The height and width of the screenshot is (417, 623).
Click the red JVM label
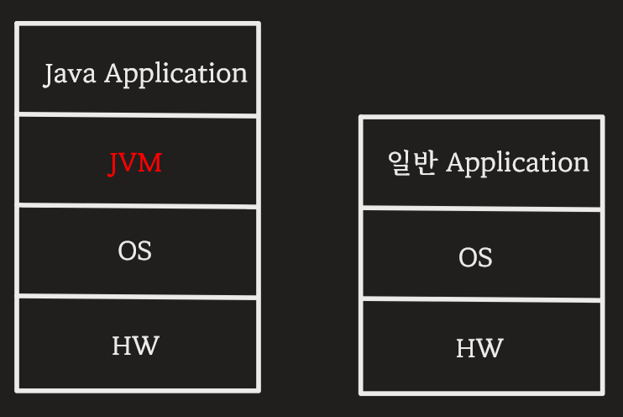135,162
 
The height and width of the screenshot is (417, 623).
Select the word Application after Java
175,75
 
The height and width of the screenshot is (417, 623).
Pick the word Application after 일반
517,163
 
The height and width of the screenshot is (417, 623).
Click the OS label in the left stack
135,251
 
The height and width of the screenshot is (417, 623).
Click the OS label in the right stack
475,257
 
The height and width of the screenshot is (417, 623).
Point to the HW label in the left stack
135,345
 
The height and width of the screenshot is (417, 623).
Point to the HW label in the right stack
479,348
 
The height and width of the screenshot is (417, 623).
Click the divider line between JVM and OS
137,205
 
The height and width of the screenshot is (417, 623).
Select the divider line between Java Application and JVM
137,114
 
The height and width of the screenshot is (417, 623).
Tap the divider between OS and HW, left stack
137,296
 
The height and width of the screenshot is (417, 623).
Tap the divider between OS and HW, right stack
481,298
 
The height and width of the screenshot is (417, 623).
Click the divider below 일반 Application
481,208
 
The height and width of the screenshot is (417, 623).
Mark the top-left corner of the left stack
18,25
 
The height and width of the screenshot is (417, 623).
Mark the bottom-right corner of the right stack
602,392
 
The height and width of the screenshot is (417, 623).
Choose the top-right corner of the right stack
602,118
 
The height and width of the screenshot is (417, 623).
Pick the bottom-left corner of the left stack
18,389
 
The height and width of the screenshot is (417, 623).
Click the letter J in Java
48,75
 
